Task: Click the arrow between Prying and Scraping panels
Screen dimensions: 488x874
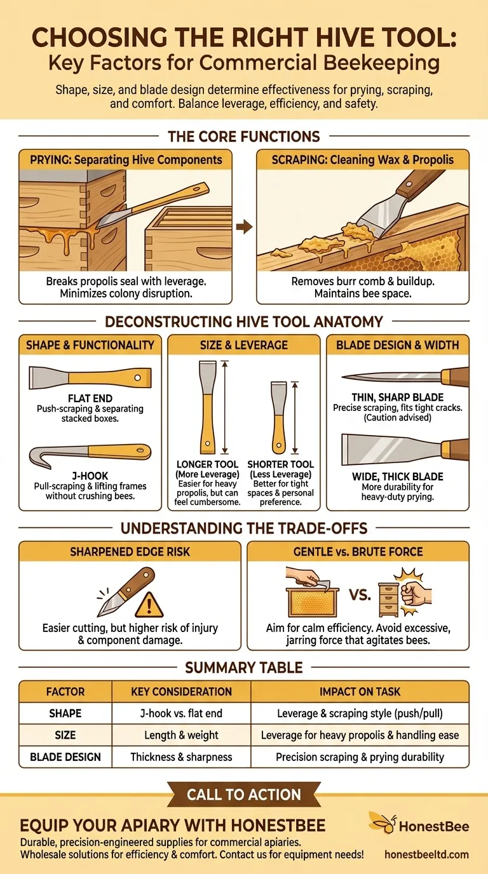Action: (245, 227)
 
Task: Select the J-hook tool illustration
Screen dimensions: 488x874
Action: (90, 455)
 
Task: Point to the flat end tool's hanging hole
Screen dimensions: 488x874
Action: (137, 378)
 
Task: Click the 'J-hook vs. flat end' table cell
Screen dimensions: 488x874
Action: (181, 713)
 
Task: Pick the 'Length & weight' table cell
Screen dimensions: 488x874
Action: (181, 735)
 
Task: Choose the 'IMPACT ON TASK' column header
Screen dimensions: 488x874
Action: (360, 692)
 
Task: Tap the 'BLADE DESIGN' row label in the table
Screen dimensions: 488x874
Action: (65, 757)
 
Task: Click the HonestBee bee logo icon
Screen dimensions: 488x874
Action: (382, 822)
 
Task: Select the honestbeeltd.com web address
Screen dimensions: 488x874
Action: (427, 854)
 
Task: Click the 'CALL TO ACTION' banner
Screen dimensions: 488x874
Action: (244, 795)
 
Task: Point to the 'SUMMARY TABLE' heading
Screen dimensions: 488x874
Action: (244, 668)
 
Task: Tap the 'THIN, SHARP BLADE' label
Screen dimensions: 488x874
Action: (397, 397)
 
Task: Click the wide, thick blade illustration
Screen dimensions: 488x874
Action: (405, 450)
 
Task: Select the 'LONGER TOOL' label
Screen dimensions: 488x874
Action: (207, 464)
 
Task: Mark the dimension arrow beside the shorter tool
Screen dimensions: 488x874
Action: (295, 417)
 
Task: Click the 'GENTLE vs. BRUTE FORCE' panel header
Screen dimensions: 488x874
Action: (358, 551)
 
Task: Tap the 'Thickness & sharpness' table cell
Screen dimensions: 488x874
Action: (181, 757)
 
